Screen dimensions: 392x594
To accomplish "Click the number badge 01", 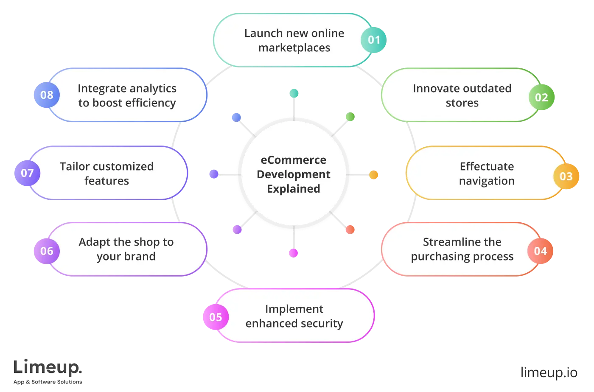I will (x=373, y=40).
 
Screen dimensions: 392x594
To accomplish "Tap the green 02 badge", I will (x=541, y=98).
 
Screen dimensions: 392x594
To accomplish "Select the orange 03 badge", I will (x=566, y=176).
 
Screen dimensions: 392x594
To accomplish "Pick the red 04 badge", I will (x=540, y=251).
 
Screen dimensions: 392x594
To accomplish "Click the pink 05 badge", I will (x=216, y=317).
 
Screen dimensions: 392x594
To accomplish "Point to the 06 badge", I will (x=47, y=251).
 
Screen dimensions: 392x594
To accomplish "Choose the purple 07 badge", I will (x=27, y=173).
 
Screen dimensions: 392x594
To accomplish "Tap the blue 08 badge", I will (x=47, y=95).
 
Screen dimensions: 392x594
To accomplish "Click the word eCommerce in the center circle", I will (x=293, y=160).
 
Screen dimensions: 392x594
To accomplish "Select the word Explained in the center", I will (x=293, y=189).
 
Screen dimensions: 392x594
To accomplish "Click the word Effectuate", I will (x=487, y=166).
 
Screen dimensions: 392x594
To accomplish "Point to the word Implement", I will (x=294, y=309).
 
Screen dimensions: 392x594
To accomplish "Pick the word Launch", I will (x=263, y=33).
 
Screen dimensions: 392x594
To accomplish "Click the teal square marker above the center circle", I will (x=293, y=93).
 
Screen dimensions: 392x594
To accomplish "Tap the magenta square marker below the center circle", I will (x=293, y=253).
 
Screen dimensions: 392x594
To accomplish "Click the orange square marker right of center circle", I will (x=373, y=175).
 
